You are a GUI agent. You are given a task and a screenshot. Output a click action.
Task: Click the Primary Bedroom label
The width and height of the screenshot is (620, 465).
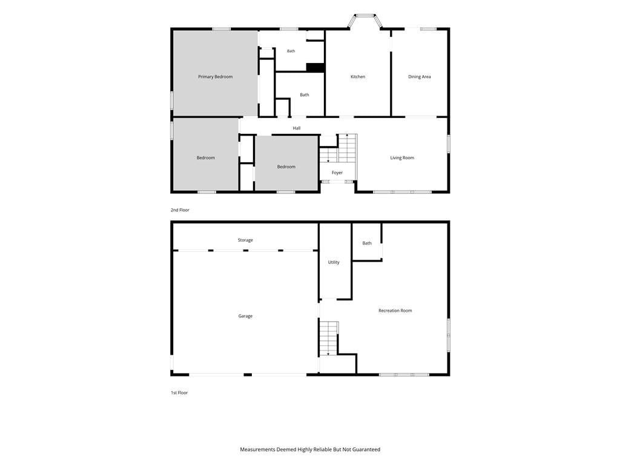pyautogui.click(x=215, y=77)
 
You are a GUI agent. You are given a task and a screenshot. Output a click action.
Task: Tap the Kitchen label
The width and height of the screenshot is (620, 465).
pyautogui.click(x=358, y=77)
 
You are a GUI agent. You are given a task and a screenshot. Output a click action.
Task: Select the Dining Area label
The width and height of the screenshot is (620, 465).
pyautogui.click(x=420, y=77)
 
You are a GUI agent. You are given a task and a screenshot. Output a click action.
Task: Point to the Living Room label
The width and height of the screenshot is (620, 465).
pyautogui.click(x=402, y=158)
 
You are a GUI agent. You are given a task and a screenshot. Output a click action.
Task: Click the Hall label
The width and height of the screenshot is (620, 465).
pyautogui.click(x=297, y=128)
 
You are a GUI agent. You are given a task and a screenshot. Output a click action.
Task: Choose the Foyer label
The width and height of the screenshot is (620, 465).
pyautogui.click(x=337, y=173)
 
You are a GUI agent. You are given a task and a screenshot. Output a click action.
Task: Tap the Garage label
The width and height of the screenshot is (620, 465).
pyautogui.click(x=245, y=316)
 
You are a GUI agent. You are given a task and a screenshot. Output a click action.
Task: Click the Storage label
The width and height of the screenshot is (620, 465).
pyautogui.click(x=245, y=240)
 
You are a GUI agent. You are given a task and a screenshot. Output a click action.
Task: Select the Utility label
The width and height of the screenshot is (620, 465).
pyautogui.click(x=334, y=262)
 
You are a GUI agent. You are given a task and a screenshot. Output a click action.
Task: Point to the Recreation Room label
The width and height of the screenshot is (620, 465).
pyautogui.click(x=395, y=311)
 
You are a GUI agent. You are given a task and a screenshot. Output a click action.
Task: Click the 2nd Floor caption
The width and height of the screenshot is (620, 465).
pyautogui.click(x=180, y=210)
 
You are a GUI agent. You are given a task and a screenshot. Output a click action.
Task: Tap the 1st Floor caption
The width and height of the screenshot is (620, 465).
pyautogui.click(x=179, y=392)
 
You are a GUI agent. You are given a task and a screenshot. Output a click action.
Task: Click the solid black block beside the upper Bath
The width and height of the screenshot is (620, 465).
pyautogui.click(x=315, y=68)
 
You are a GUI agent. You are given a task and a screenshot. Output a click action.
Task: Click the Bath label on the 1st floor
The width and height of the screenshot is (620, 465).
pyautogui.click(x=367, y=243)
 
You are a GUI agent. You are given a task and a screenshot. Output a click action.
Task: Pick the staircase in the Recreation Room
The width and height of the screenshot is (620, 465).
pyautogui.click(x=329, y=338)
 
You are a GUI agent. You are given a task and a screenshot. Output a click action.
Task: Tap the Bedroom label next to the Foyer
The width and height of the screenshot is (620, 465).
pyautogui.click(x=286, y=167)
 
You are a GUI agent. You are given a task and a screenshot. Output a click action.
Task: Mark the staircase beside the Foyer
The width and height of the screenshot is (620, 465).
pyautogui.click(x=338, y=148)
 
